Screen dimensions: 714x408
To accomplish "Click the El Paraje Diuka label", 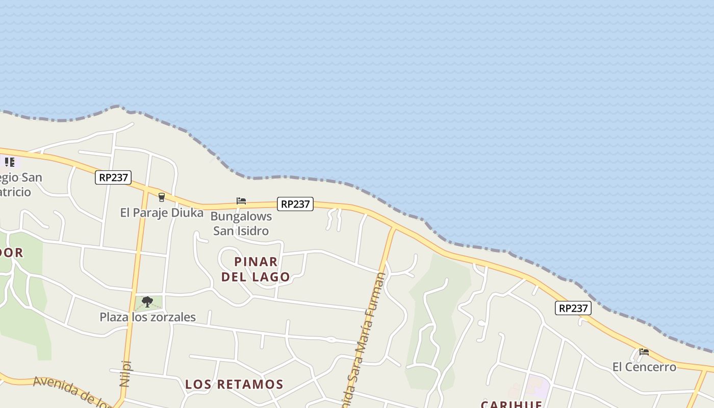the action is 162,213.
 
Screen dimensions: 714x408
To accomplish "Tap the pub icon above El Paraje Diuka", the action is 162,197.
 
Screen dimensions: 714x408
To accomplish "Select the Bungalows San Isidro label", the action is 241,223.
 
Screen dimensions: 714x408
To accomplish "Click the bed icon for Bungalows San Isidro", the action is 241,201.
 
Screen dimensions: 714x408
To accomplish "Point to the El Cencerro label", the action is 644,367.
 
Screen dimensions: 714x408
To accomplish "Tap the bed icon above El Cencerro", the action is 644,351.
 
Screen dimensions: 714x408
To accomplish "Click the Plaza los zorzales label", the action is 147,317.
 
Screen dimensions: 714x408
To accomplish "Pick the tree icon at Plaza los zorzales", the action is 147,302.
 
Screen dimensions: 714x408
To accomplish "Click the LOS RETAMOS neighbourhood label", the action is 234,384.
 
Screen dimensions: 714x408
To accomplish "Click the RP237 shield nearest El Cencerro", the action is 573,308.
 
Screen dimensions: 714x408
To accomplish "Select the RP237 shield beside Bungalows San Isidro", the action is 295,204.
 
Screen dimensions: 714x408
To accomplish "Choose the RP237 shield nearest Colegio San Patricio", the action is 113,177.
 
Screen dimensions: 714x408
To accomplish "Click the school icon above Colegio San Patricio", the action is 9,162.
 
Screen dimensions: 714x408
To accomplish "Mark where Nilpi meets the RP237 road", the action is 146,188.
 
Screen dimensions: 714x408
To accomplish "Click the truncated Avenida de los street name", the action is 71,391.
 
